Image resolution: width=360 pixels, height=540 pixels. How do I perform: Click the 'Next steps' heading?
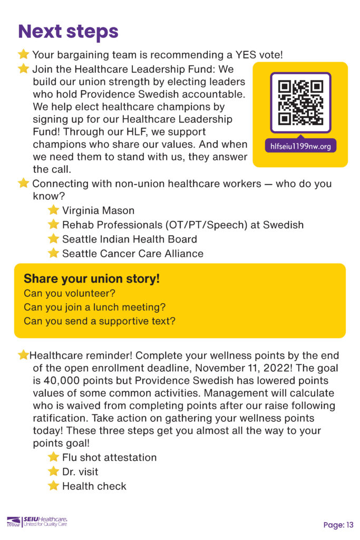point(68,31)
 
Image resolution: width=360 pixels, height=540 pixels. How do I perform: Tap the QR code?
point(300,102)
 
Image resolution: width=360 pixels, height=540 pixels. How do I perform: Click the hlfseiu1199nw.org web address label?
point(300,146)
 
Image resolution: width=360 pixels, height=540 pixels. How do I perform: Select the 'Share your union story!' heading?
point(92,278)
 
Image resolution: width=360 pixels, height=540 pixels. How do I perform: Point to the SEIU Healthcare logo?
point(37,522)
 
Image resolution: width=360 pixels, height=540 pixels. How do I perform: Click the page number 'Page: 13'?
point(338,525)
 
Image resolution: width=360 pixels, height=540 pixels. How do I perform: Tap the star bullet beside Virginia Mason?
point(53,210)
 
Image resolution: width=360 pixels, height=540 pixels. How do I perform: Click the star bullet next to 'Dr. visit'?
point(53,471)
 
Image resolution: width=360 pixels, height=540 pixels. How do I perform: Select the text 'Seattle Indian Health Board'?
point(130,239)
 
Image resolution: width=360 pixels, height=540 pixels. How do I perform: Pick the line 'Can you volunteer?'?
point(70,293)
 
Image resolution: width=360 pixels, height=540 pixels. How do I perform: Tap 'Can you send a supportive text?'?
point(100,321)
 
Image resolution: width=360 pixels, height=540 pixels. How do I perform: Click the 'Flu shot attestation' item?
point(110,457)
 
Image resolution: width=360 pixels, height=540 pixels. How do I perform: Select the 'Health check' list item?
point(94,486)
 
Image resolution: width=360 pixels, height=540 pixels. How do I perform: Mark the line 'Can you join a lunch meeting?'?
point(94,307)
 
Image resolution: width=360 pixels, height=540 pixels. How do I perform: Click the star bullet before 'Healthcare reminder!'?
point(23,355)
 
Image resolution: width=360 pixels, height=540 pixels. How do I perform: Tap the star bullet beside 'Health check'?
point(53,486)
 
